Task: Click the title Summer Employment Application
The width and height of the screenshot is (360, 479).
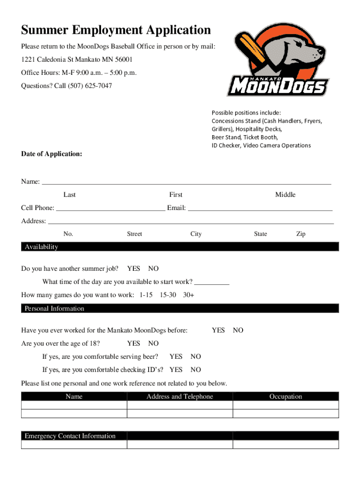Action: (x=116, y=31)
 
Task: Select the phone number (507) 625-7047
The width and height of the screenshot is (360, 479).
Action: (x=90, y=86)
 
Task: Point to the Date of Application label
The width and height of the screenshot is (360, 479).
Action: (x=51, y=153)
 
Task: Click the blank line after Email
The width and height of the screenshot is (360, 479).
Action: (x=260, y=208)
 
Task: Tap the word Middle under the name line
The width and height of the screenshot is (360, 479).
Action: (x=285, y=195)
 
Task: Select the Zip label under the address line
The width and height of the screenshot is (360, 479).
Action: (x=301, y=234)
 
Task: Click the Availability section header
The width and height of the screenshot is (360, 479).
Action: (x=42, y=247)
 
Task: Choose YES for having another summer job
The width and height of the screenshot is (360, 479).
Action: (x=134, y=269)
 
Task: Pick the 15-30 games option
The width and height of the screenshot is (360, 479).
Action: (x=168, y=295)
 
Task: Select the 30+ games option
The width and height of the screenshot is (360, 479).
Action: (x=189, y=295)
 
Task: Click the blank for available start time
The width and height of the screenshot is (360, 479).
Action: (x=211, y=282)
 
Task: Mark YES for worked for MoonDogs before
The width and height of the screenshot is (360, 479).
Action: (x=218, y=330)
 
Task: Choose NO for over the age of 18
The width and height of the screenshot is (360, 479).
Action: (x=153, y=343)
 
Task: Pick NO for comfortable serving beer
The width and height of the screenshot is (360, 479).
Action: (x=196, y=356)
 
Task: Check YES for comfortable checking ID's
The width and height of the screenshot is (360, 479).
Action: (x=176, y=370)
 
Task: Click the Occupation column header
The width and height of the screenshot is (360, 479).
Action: (x=286, y=397)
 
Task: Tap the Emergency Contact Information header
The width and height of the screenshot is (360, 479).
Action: (x=70, y=436)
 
